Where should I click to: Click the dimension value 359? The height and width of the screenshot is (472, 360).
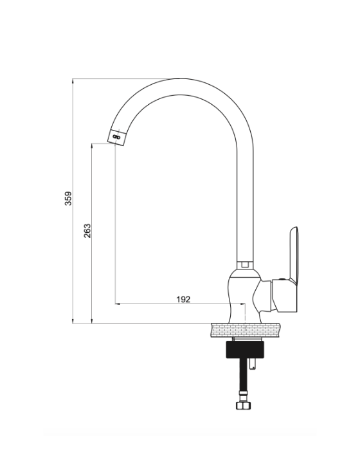pyautogui.click(x=69, y=198)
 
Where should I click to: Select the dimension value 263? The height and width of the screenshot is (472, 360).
pyautogui.click(x=87, y=231)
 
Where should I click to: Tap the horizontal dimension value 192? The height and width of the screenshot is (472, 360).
pyautogui.click(x=183, y=299)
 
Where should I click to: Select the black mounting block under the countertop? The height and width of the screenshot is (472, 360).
pyautogui.click(x=245, y=349)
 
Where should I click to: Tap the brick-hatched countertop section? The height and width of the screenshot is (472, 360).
pyautogui.click(x=246, y=331)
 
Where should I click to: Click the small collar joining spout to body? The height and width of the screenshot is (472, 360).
pyautogui.click(x=245, y=265)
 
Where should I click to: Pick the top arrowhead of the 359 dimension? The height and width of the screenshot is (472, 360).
pyautogui.click(x=73, y=81)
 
